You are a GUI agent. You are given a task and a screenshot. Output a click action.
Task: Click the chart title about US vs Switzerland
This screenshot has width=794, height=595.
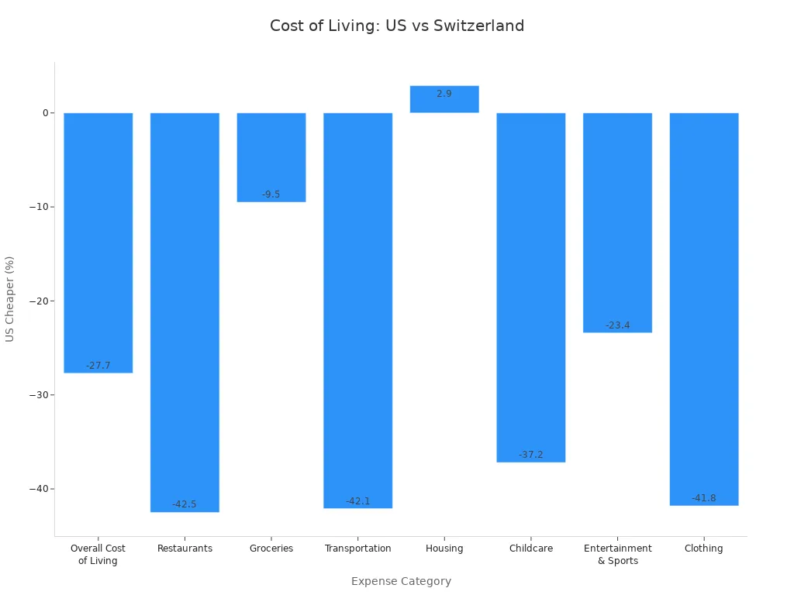[x=397, y=26]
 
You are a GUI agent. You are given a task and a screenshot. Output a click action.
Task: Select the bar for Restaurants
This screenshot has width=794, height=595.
[x=185, y=310]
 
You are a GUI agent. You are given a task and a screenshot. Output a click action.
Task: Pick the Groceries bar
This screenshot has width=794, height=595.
[x=271, y=155]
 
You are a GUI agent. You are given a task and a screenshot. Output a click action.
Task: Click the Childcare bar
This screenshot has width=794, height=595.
[x=531, y=287]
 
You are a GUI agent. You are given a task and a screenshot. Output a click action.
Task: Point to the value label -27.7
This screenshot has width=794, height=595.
[x=98, y=366]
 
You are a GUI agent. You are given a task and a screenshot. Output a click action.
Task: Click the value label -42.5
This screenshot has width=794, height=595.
[x=185, y=504]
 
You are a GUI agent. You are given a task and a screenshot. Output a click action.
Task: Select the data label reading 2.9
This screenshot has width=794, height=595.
[x=444, y=94]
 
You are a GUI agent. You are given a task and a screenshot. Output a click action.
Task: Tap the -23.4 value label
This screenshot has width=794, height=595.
[x=618, y=325]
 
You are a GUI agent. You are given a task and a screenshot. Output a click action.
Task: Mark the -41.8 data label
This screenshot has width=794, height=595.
[x=704, y=498]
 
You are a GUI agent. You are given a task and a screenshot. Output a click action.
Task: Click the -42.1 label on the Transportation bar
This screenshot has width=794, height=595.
[x=358, y=501]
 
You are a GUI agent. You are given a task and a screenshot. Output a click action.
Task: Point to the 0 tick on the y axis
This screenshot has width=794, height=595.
[x=45, y=113]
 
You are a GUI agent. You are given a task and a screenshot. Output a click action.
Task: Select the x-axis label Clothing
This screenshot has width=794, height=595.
[x=704, y=549]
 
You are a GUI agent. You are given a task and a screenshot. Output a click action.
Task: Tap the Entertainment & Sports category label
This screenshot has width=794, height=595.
[x=618, y=555]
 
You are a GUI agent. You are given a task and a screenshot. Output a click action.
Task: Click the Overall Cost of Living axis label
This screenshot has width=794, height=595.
[x=98, y=555]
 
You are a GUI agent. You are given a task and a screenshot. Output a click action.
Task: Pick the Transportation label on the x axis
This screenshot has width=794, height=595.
[x=358, y=549]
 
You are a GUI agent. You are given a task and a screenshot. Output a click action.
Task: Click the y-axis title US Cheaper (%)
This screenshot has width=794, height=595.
[x=10, y=298]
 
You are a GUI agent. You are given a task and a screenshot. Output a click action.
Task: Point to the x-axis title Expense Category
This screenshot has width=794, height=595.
[x=401, y=581]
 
